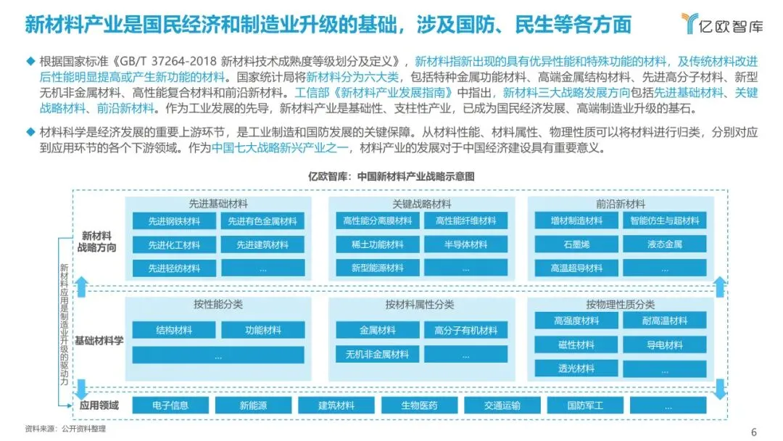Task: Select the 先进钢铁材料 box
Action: tap(174, 221)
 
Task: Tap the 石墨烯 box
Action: tap(577, 244)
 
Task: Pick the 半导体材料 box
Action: tap(465, 244)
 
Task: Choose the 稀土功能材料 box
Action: tap(377, 244)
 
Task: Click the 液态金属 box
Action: tap(665, 244)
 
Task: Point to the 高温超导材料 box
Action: tap(577, 268)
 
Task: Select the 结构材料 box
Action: tap(174, 330)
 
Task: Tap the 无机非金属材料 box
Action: tap(377, 354)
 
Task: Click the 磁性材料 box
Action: tap(577, 345)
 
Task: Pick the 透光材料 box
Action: tap(577, 368)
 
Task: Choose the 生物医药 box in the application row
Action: tap(419, 405)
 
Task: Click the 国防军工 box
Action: tap(585, 405)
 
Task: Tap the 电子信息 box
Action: tap(170, 405)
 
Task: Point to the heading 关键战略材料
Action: tap(421, 204)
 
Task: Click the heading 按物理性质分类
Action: tap(620, 305)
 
